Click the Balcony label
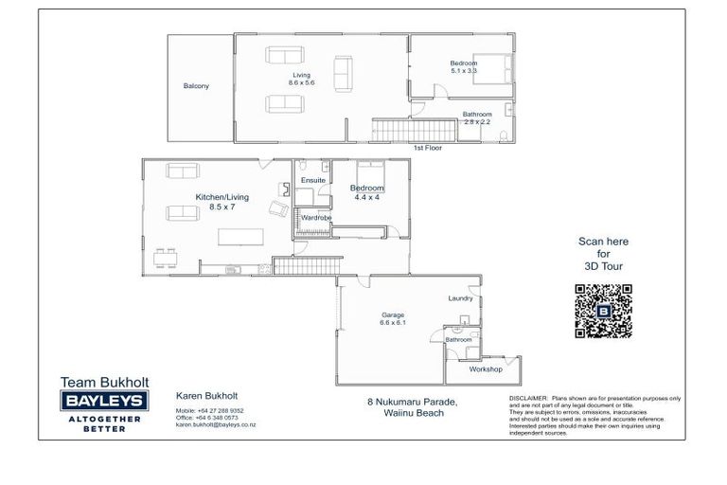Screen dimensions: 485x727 coord(196,86)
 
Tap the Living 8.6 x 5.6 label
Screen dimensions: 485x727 coord(301,79)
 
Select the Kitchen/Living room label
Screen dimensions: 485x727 coord(222,201)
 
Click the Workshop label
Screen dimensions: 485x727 coord(486,368)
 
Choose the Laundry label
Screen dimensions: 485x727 coord(460,298)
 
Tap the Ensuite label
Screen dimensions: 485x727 coord(312,179)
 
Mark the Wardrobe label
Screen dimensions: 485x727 coord(314,217)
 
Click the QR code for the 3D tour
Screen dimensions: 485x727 coord(602,311)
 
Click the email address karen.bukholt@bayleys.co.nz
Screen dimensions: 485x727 coord(215,425)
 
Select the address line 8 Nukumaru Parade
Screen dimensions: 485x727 coord(412,402)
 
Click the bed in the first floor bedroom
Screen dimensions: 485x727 coord(495,68)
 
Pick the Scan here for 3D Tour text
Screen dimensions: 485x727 coord(603,254)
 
